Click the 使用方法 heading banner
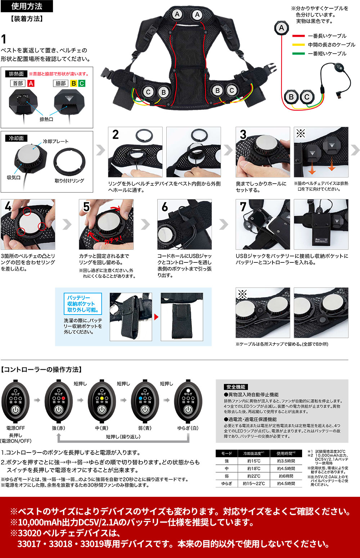click(x=27, y=6)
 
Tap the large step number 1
click(x=4, y=39)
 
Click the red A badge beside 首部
click(x=31, y=84)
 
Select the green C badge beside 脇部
click(x=82, y=84)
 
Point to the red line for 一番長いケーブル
click(x=298, y=36)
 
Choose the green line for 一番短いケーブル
click(x=298, y=54)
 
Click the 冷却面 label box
click(x=16, y=138)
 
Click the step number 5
click(x=86, y=207)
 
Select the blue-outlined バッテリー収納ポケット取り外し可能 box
click(x=82, y=303)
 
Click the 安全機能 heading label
click(x=236, y=387)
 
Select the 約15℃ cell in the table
click(x=254, y=461)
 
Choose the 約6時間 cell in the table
click(x=286, y=476)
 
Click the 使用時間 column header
click(x=286, y=453)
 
